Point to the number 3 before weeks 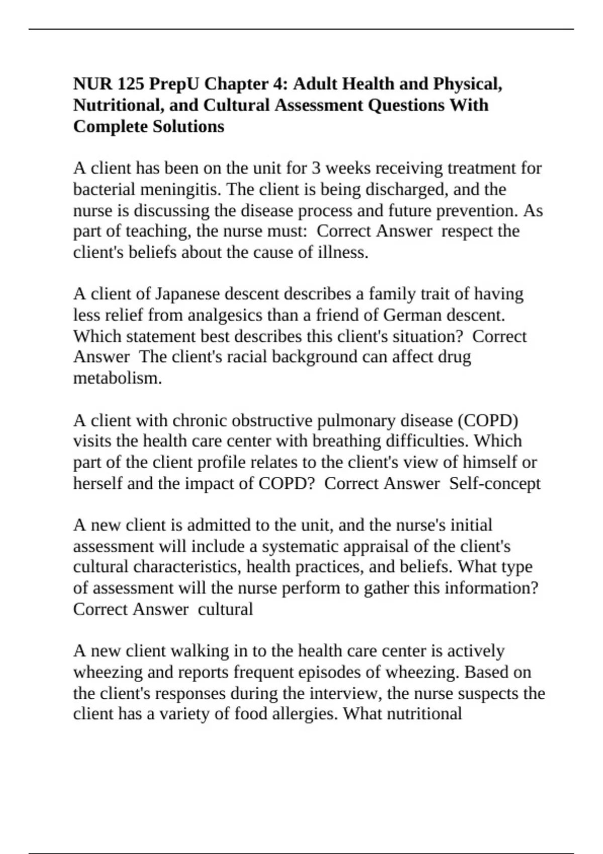(x=316, y=168)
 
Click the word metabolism (x=118, y=378)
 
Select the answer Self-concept (x=494, y=483)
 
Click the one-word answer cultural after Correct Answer (x=225, y=609)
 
